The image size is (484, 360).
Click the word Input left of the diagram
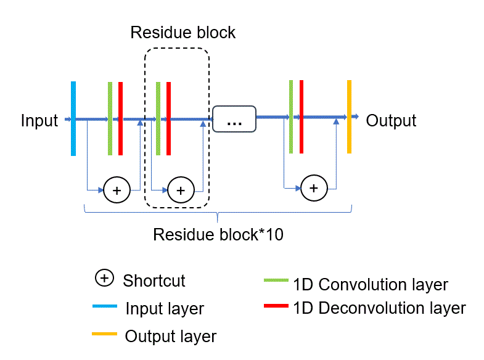39,120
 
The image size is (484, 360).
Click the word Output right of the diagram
391,120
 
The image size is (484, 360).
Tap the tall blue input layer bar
73,118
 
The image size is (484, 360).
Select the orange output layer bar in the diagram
349,117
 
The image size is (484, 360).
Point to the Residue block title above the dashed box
183,32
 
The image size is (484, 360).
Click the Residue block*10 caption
218,235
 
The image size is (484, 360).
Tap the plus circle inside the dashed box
181,190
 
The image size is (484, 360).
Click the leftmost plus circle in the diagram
117,190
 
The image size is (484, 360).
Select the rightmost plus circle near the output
314,187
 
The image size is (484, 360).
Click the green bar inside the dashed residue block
158,118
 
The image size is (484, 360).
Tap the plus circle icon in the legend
104,279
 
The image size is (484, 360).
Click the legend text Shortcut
154,280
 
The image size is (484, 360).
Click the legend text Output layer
171,336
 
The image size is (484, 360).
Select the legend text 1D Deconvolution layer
380,307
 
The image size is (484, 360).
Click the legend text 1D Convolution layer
371,285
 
